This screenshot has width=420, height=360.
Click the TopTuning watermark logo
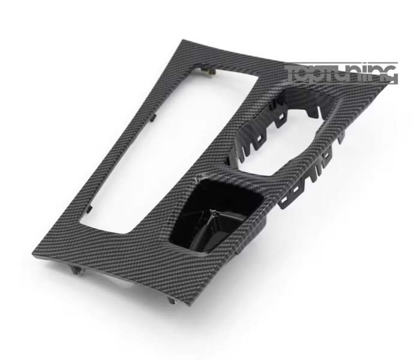coord(341,73)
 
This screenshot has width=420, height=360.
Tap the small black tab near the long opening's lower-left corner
coord(90,209)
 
